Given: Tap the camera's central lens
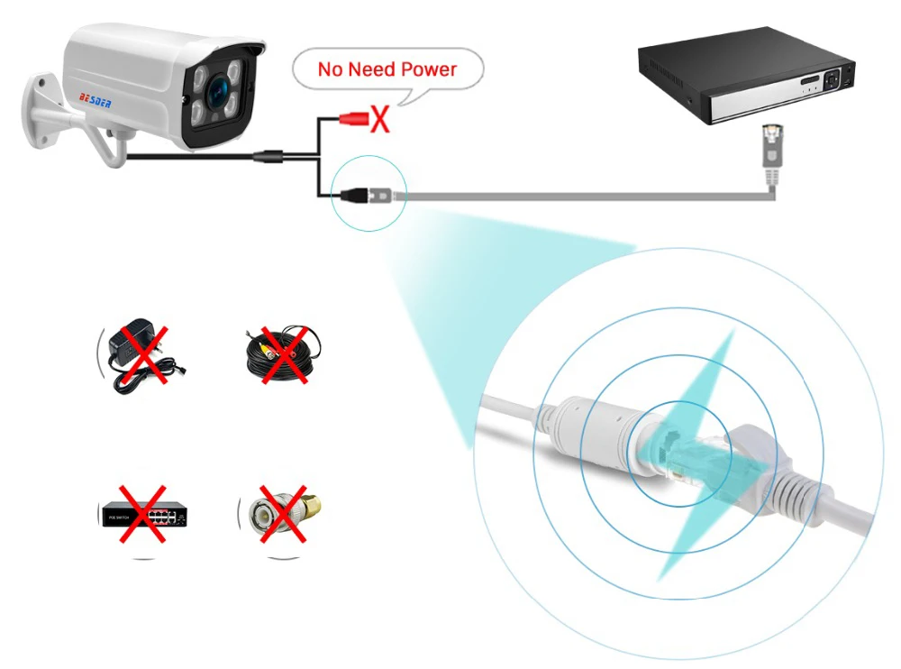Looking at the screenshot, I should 217,90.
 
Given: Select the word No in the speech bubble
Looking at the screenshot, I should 330,69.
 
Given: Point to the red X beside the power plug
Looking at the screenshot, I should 381,119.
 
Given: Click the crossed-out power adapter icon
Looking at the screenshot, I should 140,354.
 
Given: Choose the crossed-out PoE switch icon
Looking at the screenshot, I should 143,515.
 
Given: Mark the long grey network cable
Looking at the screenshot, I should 586,194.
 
